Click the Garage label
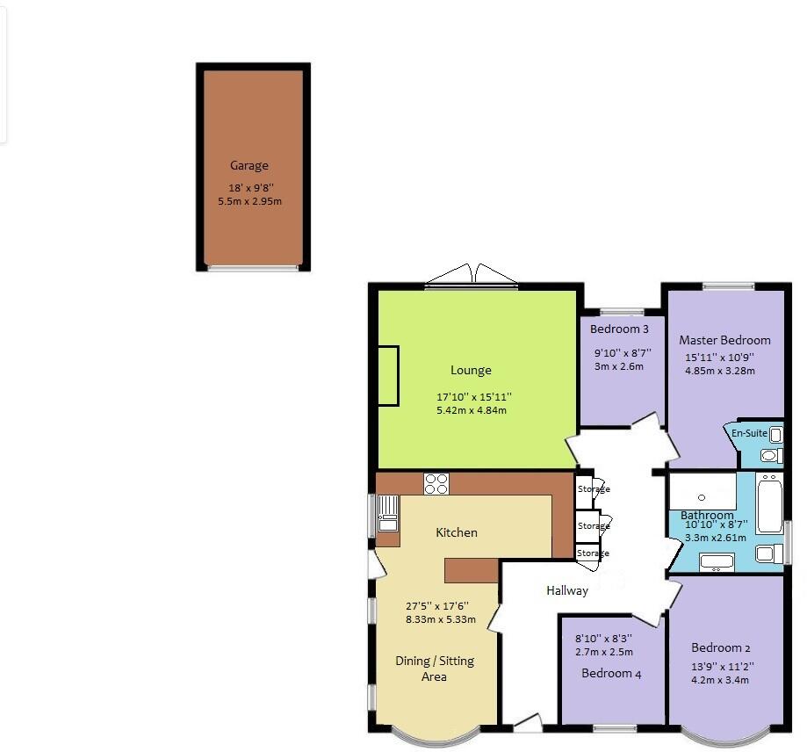[249, 165]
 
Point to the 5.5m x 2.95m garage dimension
[249, 201]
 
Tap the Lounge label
[471, 370]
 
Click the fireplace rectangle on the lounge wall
[387, 376]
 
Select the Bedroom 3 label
[619, 329]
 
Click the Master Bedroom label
[724, 340]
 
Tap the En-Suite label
[749, 434]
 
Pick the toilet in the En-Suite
[770, 455]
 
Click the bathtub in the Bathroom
[769, 503]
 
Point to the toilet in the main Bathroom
[767, 553]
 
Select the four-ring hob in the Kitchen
[436, 483]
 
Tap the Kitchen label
[457, 532]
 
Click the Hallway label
[566, 590]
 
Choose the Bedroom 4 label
[607, 674]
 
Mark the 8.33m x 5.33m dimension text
[440, 619]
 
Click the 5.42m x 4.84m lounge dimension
[471, 410]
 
